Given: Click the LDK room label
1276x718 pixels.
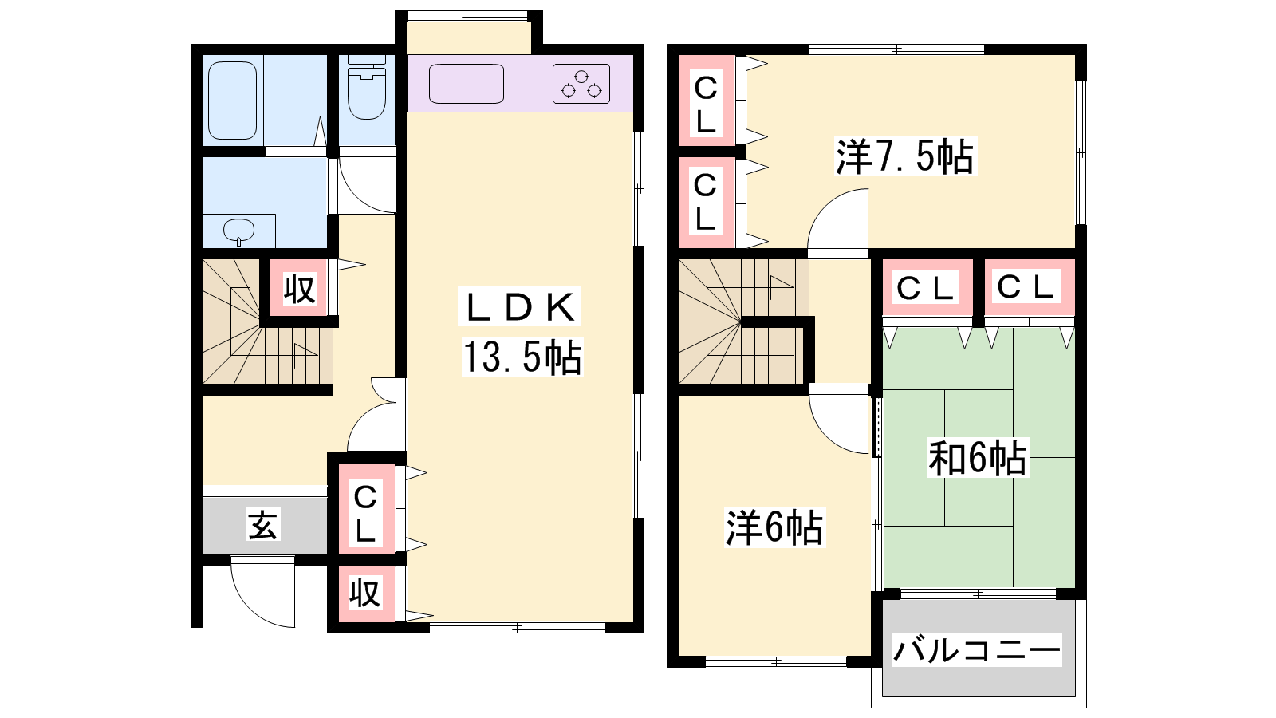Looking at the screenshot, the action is (x=519, y=308).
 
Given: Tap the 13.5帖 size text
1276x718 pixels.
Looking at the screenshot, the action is (x=522, y=357).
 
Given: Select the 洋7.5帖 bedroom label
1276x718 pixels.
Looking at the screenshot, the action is (x=904, y=156).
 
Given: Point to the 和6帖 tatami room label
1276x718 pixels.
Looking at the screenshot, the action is (x=978, y=458).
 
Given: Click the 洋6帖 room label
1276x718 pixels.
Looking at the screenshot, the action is (x=774, y=527).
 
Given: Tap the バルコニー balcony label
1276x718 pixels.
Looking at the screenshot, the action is (x=976, y=650).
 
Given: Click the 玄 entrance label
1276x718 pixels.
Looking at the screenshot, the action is (x=262, y=525).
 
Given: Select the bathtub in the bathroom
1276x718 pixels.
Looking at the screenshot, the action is (x=232, y=101).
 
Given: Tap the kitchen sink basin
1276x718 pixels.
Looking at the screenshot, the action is (x=466, y=84).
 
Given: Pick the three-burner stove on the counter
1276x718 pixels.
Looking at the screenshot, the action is (x=581, y=84).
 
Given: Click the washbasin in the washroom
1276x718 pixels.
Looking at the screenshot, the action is (x=238, y=231).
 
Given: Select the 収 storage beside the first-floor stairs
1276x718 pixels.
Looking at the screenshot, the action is (x=300, y=290).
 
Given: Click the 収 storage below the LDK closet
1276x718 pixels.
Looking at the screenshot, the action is (x=365, y=594).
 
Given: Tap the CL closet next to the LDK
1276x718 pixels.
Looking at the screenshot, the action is (x=366, y=509).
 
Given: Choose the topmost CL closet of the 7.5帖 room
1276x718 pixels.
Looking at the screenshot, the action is (x=707, y=101).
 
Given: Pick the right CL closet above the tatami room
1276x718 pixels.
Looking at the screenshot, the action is (x=1029, y=287).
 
